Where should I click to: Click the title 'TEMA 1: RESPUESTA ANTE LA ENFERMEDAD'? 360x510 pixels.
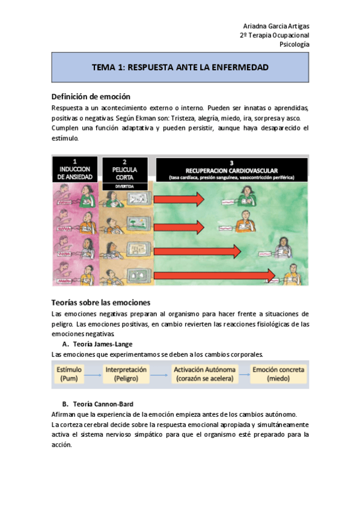pos(180,67)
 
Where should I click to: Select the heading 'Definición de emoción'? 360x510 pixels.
pos(91,97)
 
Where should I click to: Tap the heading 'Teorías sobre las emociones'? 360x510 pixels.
pos(101,303)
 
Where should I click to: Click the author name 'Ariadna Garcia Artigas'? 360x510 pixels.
pos(276,26)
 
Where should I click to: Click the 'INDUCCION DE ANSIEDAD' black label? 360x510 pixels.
pos(75,170)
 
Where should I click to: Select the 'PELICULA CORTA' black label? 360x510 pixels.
pos(124,170)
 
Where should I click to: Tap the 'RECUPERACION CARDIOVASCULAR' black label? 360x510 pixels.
pos(231,170)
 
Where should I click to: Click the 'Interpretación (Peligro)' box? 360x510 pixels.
pos(126,373)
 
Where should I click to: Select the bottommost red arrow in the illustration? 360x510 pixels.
pos(214,275)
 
